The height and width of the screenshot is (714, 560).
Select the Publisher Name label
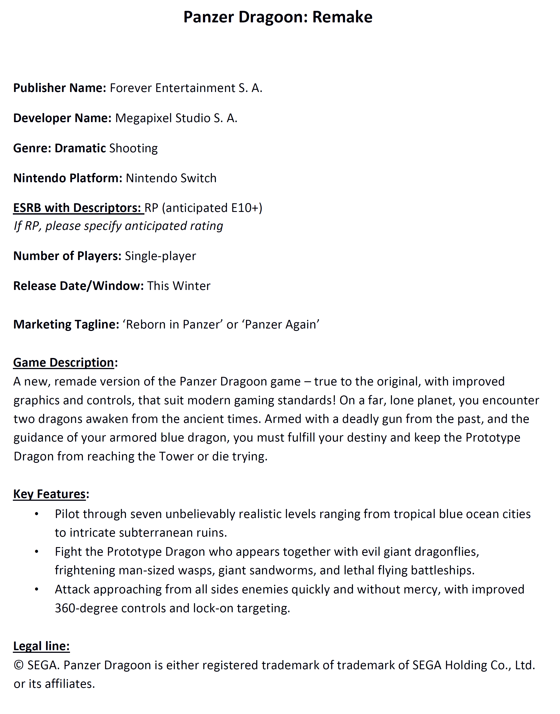tap(59, 88)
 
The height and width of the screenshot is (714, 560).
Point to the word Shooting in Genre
tap(133, 148)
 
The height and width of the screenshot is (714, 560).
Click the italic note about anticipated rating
tap(118, 226)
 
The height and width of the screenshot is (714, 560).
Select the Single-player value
tap(160, 256)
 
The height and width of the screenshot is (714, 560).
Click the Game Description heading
tap(64, 363)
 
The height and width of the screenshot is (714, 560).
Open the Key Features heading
tap(49, 494)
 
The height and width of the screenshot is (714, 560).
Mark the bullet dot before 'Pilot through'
tap(37, 514)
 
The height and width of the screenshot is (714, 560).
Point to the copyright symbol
tap(19, 665)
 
